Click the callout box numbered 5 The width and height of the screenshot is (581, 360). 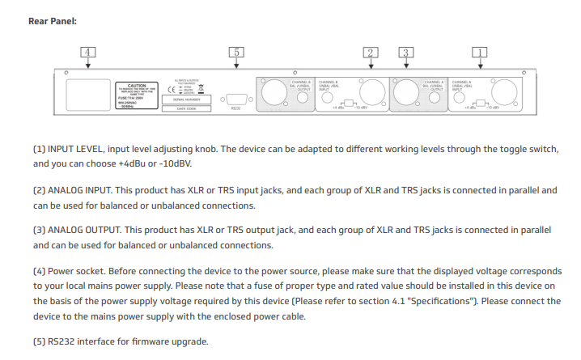(x=236, y=53)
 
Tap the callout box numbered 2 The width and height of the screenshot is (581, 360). (x=371, y=53)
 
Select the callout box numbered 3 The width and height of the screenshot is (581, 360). (x=405, y=53)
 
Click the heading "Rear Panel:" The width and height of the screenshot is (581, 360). (x=53, y=21)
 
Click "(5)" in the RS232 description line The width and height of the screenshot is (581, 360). (x=40, y=341)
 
